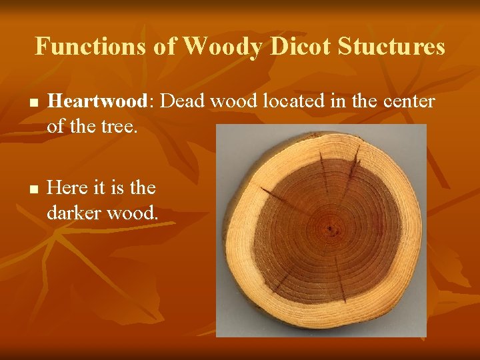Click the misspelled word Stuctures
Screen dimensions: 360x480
tap(391, 47)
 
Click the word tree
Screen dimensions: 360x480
tap(119, 125)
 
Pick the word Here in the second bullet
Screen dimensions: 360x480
tap(70, 188)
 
